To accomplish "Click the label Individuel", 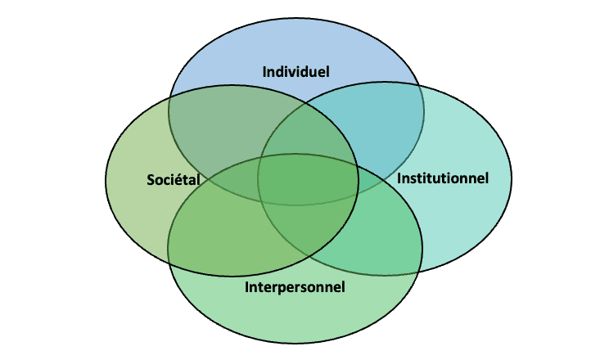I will [295, 72].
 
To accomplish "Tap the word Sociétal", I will [174, 179].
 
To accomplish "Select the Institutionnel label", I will [442, 178].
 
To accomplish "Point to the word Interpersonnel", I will [295, 287].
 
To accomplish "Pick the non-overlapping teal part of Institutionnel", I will [467, 213].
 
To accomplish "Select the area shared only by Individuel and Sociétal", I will [217, 131].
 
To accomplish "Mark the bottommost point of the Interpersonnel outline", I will [295, 342].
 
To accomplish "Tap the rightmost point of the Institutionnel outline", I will [512, 178].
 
